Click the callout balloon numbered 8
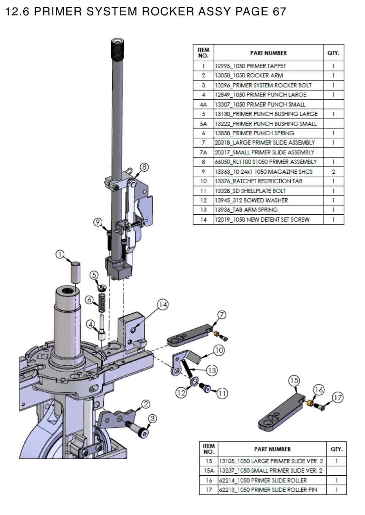(144, 167)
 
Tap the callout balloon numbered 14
(163, 304)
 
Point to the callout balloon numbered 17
(338, 397)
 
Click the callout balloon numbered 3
(152, 418)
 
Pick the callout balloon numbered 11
(222, 393)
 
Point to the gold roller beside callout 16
(310, 403)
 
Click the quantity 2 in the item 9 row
(333, 172)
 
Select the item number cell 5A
(203, 123)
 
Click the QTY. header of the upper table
(333, 53)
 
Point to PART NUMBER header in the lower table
(272, 449)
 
